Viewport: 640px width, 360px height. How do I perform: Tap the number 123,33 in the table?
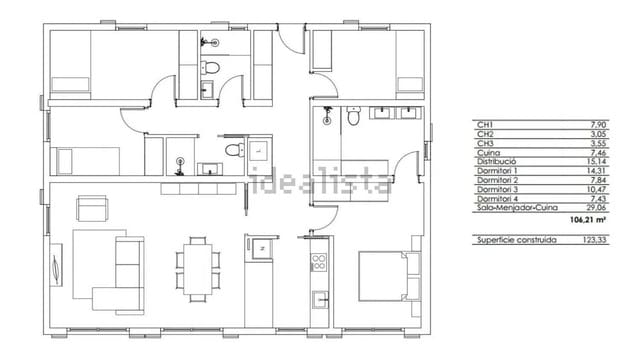pyautogui.click(x=598, y=241)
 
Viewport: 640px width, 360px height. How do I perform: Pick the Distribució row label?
pyautogui.click(x=496, y=160)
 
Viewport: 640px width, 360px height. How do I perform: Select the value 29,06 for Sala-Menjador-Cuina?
pyautogui.click(x=599, y=208)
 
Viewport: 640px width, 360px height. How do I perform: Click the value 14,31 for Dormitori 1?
pyautogui.click(x=599, y=170)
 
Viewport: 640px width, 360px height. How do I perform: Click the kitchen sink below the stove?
pyautogui.click(x=321, y=298)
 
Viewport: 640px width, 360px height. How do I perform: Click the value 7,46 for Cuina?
pyautogui.click(x=601, y=151)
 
